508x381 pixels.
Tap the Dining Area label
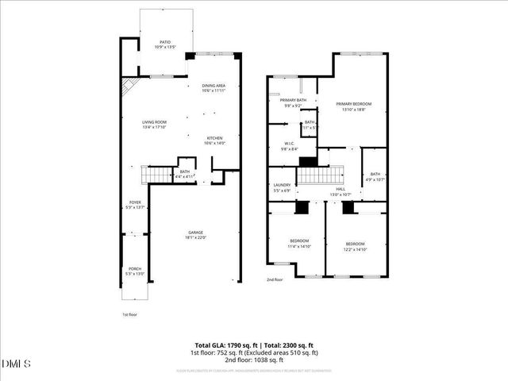[x=214, y=87]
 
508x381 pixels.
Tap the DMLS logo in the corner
[x=17, y=364]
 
